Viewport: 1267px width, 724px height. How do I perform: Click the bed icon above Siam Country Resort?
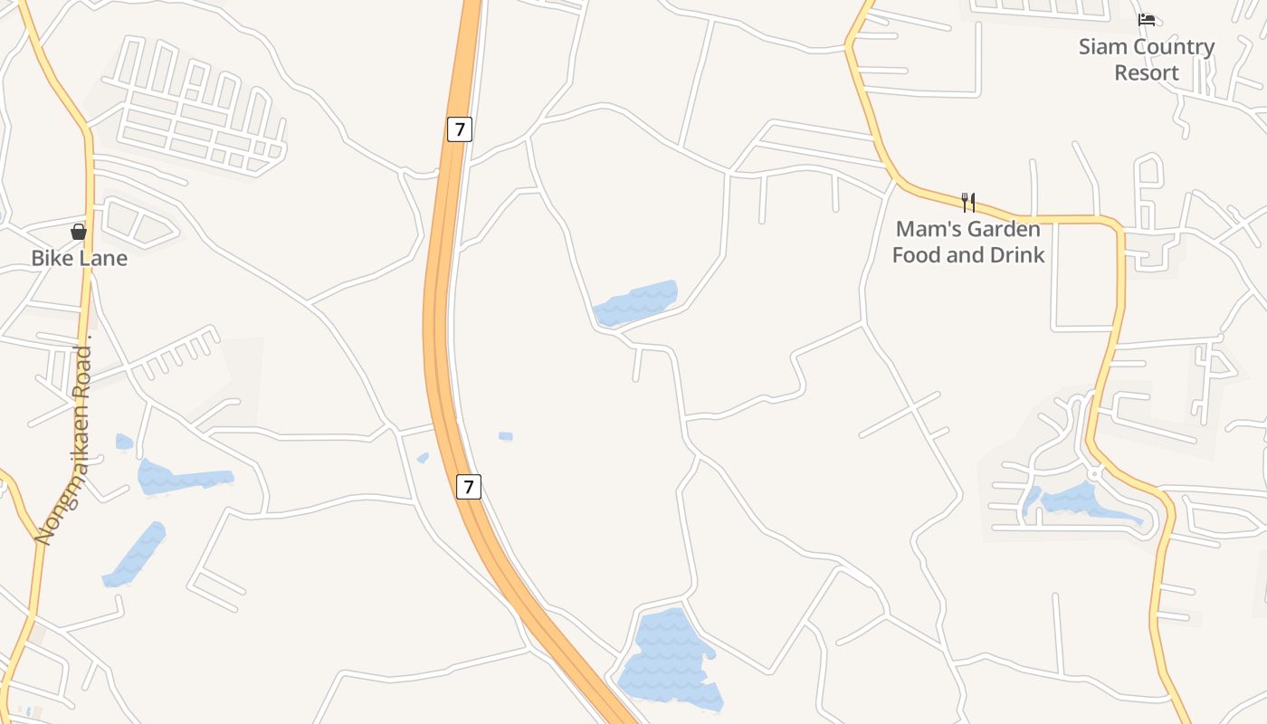1147,19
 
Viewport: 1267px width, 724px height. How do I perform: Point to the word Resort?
1147,72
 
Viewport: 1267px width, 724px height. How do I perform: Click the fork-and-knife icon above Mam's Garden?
967,201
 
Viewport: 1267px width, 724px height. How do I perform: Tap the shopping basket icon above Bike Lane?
79,232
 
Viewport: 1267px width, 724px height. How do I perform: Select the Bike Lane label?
79,258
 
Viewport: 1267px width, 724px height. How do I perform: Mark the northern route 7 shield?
460,129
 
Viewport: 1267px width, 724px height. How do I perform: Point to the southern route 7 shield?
467,487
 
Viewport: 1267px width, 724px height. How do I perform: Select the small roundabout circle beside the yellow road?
1095,473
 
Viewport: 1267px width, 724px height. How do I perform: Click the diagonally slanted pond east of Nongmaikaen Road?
136,554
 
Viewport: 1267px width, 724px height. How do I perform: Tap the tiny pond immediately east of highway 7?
506,436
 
